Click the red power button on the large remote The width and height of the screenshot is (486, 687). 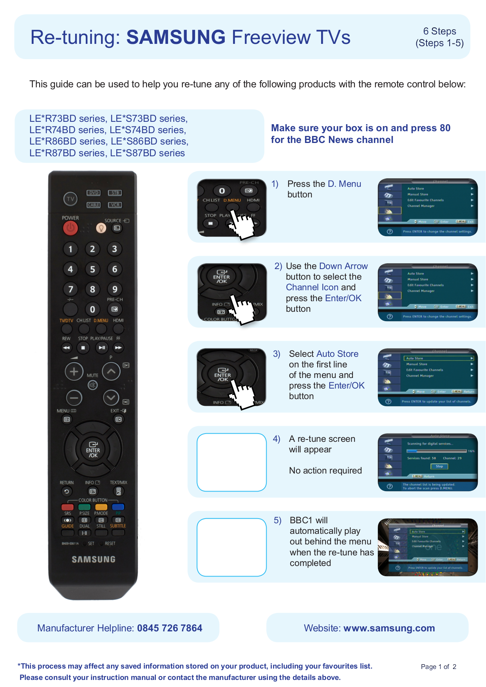click(x=70, y=228)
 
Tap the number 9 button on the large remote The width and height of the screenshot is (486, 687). click(x=115, y=289)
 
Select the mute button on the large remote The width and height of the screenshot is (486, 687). click(x=92, y=385)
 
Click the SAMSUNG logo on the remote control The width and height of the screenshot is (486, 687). click(x=93, y=559)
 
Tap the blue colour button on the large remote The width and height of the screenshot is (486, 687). click(x=118, y=507)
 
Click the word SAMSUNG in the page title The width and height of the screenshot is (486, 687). click(x=176, y=37)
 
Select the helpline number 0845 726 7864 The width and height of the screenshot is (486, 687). click(x=170, y=628)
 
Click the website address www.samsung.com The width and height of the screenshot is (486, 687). click(x=389, y=628)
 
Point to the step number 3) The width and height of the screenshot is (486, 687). click(x=276, y=354)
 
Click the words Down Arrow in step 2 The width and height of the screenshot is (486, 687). click(x=343, y=266)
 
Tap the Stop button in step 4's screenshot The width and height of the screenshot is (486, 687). click(x=439, y=466)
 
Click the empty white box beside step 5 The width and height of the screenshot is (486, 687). click(x=231, y=547)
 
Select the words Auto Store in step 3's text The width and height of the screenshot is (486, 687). click(x=337, y=354)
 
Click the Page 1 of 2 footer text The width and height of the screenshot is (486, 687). click(x=438, y=667)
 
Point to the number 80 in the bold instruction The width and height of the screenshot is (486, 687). click(x=445, y=128)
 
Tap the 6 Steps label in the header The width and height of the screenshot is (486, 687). click(x=439, y=31)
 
